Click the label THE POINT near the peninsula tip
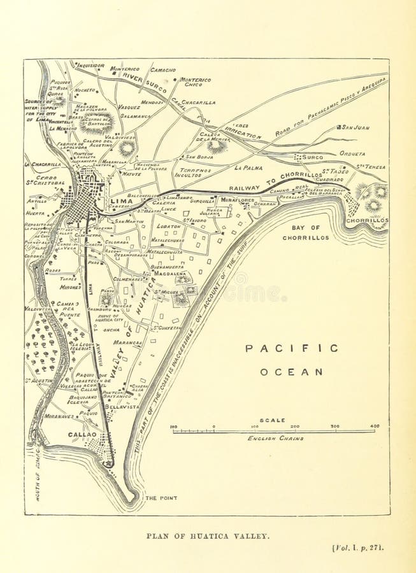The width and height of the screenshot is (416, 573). (x=161, y=498)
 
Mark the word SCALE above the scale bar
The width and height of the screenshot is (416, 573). (x=273, y=420)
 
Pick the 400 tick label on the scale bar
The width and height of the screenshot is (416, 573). (x=374, y=426)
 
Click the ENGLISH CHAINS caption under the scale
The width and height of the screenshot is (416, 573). (x=275, y=439)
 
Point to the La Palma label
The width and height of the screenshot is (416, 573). (x=248, y=168)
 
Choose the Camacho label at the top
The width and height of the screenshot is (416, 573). (x=163, y=69)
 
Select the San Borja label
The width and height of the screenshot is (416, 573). (x=199, y=156)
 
